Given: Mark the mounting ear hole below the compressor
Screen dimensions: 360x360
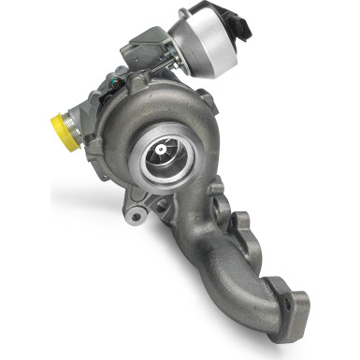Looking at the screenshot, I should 137,216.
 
